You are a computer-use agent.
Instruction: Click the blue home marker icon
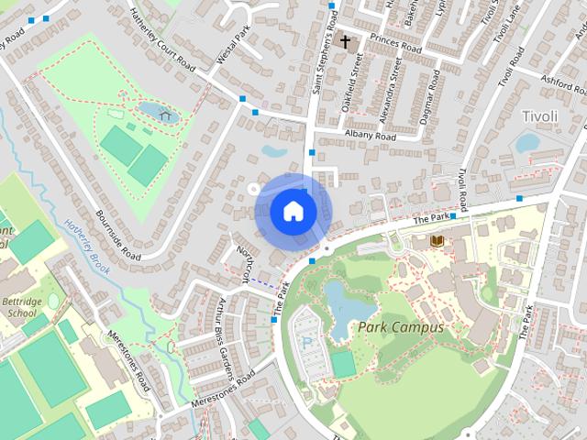pos(293,211)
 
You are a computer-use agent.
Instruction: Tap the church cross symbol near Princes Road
pos(346,41)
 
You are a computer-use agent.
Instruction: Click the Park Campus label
pos(401,327)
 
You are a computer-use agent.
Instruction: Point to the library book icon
pos(437,240)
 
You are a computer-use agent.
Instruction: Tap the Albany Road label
pos(370,137)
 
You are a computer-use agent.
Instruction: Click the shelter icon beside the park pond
pos(166,115)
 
